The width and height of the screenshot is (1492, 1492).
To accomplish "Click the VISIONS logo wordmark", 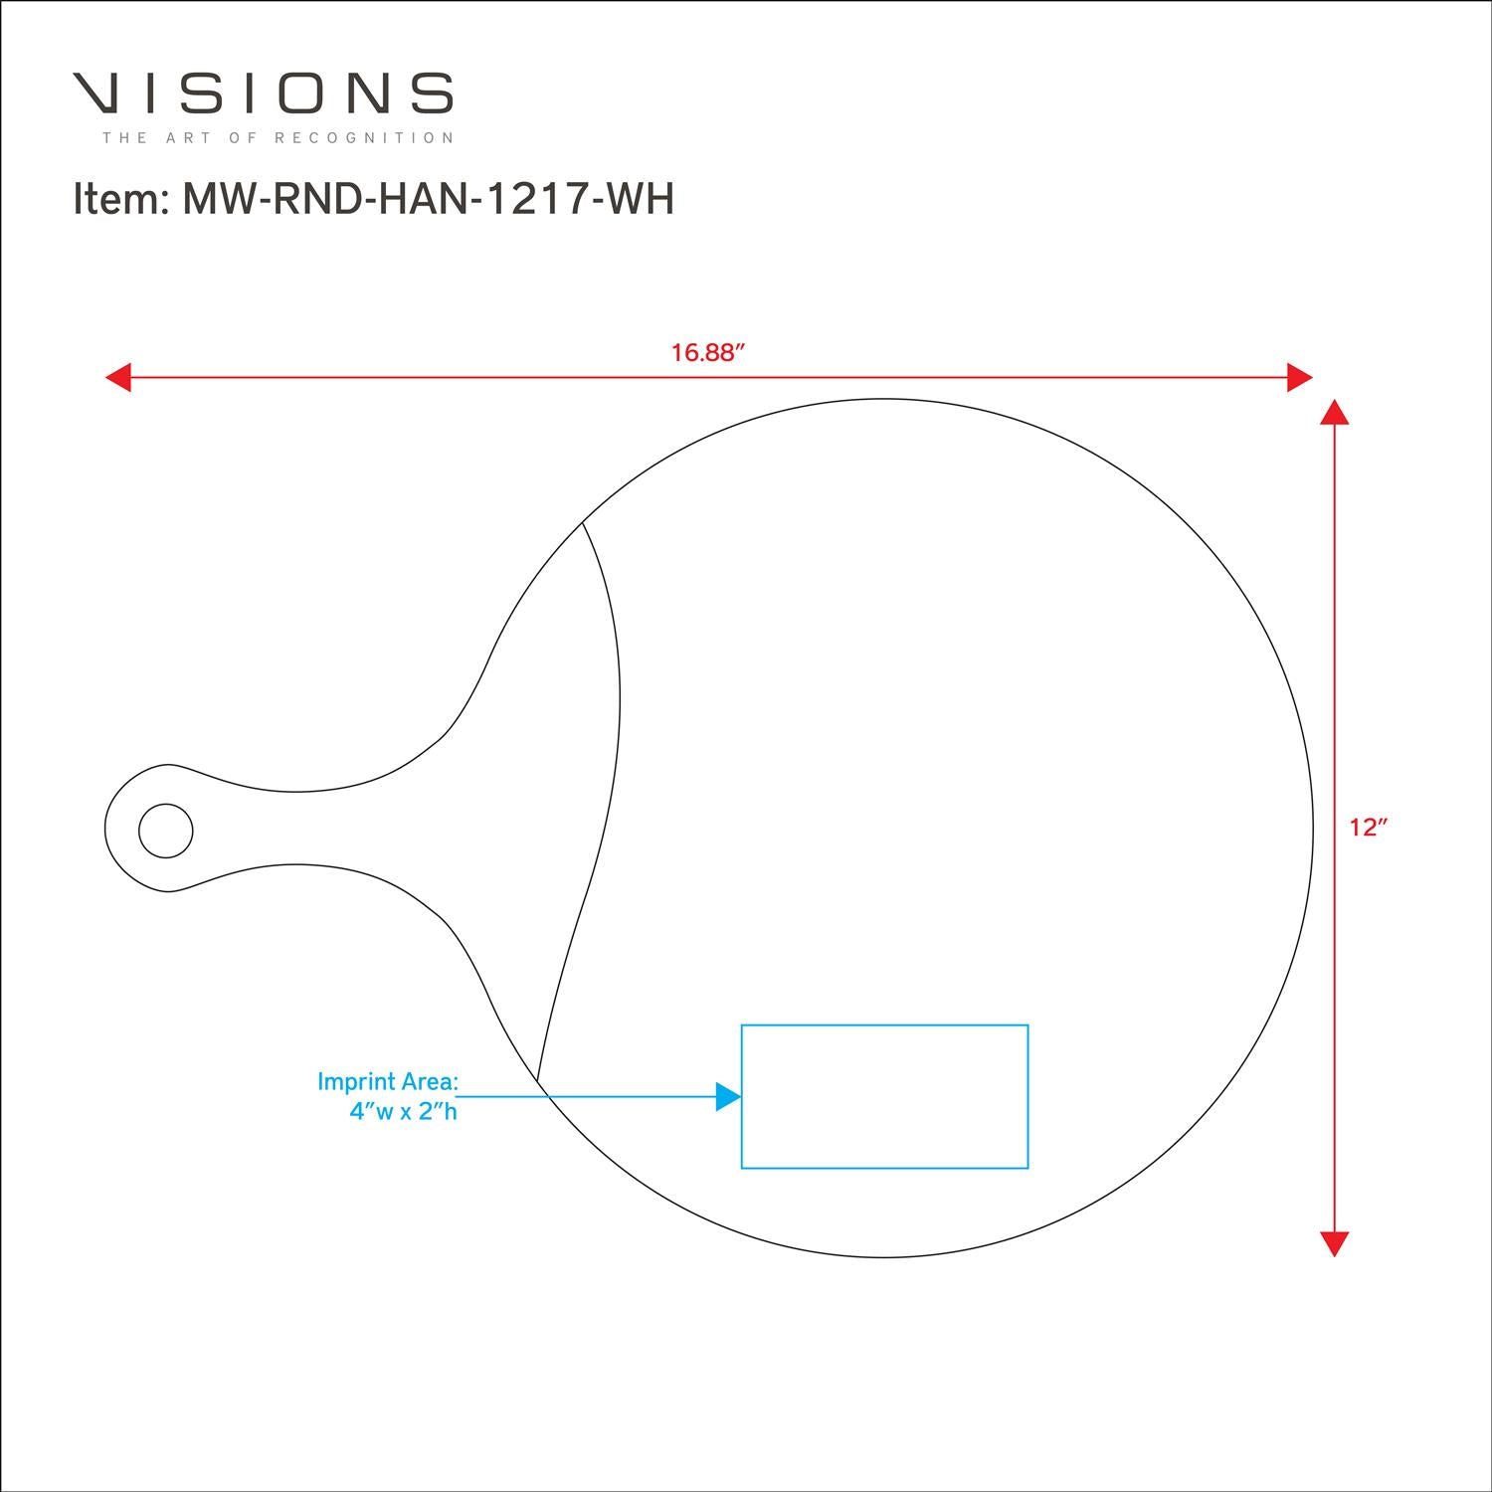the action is [x=264, y=93].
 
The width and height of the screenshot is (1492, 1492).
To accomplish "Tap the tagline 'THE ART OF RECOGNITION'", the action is [x=279, y=137].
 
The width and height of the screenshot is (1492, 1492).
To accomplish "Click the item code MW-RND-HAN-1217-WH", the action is [x=429, y=199].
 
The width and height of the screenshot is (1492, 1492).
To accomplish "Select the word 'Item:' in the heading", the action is [x=119, y=199].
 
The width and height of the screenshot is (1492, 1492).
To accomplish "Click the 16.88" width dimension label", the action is [x=708, y=353].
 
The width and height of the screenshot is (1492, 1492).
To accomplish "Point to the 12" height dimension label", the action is [x=1369, y=828].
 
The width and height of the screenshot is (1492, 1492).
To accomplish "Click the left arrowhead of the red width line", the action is [x=118, y=378].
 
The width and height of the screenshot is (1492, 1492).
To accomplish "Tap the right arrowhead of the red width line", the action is [x=1300, y=378].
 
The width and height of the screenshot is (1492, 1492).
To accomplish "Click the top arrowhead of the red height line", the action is [x=1334, y=412].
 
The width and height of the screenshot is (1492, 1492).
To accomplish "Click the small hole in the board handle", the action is [x=166, y=830].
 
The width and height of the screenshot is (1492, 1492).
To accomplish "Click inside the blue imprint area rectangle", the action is [x=884, y=1096].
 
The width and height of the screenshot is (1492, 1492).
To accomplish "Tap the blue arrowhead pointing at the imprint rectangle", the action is [x=729, y=1096].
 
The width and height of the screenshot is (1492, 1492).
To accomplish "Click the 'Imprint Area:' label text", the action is [x=388, y=1082].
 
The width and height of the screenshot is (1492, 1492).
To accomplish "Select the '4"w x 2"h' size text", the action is [x=403, y=1112].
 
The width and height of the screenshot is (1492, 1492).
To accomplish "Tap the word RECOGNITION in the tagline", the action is [x=364, y=137].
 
